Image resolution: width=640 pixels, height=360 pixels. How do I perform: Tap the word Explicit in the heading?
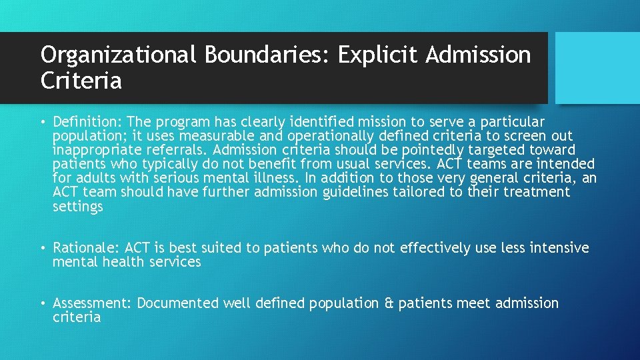(x=378, y=55)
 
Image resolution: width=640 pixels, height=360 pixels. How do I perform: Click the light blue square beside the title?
(x=597, y=68)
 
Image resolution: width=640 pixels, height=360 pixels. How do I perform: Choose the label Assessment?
(x=93, y=303)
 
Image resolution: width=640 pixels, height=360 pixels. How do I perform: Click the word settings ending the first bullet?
(x=78, y=206)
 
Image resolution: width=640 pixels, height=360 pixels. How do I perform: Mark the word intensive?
(x=559, y=248)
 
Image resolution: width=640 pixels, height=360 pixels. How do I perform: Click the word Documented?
(x=178, y=303)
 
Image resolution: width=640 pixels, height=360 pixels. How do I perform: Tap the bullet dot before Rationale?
(x=42, y=249)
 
